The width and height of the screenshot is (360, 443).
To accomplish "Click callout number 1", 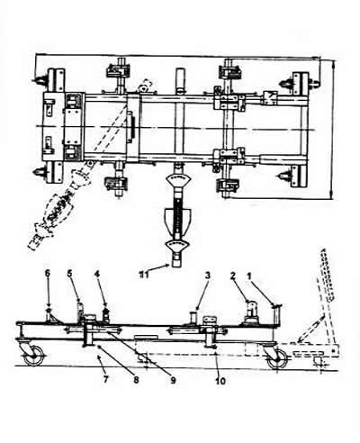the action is tap(248, 276).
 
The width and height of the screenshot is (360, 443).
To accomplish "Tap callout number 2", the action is tap(233, 276).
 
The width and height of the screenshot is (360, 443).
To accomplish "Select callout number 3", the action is tap(208, 276).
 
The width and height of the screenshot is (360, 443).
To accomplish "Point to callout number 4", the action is tap(96, 274).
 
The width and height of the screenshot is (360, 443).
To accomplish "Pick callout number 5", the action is tap(69, 274).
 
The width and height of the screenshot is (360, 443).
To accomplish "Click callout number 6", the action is tap(48, 274).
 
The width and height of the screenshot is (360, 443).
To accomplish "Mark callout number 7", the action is tap(105, 379).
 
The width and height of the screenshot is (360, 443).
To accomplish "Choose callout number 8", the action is tap(136, 380).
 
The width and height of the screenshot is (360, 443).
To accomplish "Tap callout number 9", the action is tap(173, 380).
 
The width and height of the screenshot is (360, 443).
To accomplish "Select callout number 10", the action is tap(220, 381).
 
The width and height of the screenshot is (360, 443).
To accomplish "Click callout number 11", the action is tap(144, 275).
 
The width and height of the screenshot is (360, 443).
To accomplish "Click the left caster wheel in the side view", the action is tap(33, 356).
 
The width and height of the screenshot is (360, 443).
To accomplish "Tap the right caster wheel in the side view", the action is tap(277, 358).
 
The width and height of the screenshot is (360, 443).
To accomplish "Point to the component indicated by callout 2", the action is tap(251, 312).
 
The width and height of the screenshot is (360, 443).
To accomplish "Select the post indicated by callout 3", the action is tap(193, 317).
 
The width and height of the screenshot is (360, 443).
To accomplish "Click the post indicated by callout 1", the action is tap(276, 313).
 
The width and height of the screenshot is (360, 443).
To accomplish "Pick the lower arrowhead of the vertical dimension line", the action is tap(331, 194).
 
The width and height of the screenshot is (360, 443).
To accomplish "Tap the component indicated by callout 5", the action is tap(80, 310).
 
